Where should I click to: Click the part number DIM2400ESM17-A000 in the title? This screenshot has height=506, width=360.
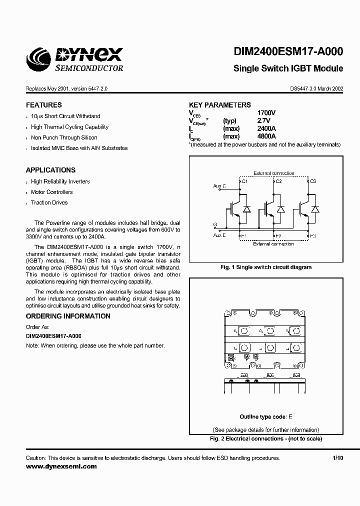click(288, 52)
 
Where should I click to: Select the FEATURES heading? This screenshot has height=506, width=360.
click(44, 105)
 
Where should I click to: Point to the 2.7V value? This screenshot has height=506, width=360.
click(263, 121)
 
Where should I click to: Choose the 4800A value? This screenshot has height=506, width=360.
click(265, 136)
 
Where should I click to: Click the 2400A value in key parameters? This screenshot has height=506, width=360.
click(265, 128)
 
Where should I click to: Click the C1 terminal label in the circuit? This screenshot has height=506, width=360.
click(244, 181)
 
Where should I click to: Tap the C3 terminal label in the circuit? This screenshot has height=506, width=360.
click(313, 181)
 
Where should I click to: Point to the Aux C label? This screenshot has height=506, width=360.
click(219, 185)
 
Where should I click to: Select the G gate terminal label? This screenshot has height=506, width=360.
click(215, 224)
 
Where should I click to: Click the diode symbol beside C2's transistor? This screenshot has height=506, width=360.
click(280, 209)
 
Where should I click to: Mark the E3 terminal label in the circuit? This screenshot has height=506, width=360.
click(313, 235)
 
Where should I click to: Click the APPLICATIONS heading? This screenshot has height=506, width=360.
click(50, 170)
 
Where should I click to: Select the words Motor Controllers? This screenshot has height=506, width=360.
click(52, 192)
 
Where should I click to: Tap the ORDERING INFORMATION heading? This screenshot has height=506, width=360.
click(68, 316)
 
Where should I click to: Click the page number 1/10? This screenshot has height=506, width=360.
click(338, 457)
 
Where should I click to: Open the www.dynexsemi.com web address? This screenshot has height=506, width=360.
click(61, 466)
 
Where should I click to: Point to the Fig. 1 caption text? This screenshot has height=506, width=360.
click(266, 267)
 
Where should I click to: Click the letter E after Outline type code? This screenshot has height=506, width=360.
click(290, 417)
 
